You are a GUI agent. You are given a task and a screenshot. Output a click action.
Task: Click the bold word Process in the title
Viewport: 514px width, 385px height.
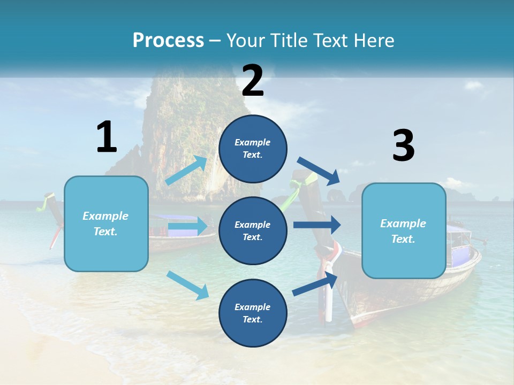[168, 40]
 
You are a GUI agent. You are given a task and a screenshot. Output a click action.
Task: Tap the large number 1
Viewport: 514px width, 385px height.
[107, 137]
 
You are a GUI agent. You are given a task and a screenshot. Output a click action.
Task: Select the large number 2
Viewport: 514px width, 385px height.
[253, 81]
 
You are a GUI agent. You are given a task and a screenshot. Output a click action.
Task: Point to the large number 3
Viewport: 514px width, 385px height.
[403, 145]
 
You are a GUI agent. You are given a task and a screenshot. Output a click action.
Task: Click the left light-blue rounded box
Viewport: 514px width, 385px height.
[106, 224]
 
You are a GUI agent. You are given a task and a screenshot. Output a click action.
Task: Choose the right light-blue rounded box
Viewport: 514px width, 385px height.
[404, 230]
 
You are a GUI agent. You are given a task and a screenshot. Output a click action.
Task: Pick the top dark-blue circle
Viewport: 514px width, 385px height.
[253, 149]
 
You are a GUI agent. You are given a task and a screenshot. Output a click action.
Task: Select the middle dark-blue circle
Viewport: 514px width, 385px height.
[253, 230]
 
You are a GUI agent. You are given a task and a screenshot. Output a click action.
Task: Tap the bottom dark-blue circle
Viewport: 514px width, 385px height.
[253, 313]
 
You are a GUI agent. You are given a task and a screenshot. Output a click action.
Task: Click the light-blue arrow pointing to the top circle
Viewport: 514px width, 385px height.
[186, 171]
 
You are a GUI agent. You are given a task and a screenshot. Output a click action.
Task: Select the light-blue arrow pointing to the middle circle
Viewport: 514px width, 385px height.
[187, 227]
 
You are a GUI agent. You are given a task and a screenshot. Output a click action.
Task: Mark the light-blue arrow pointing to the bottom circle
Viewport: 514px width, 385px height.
[187, 284]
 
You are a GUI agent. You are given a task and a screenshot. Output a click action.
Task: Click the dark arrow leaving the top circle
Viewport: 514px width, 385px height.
[319, 171]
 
